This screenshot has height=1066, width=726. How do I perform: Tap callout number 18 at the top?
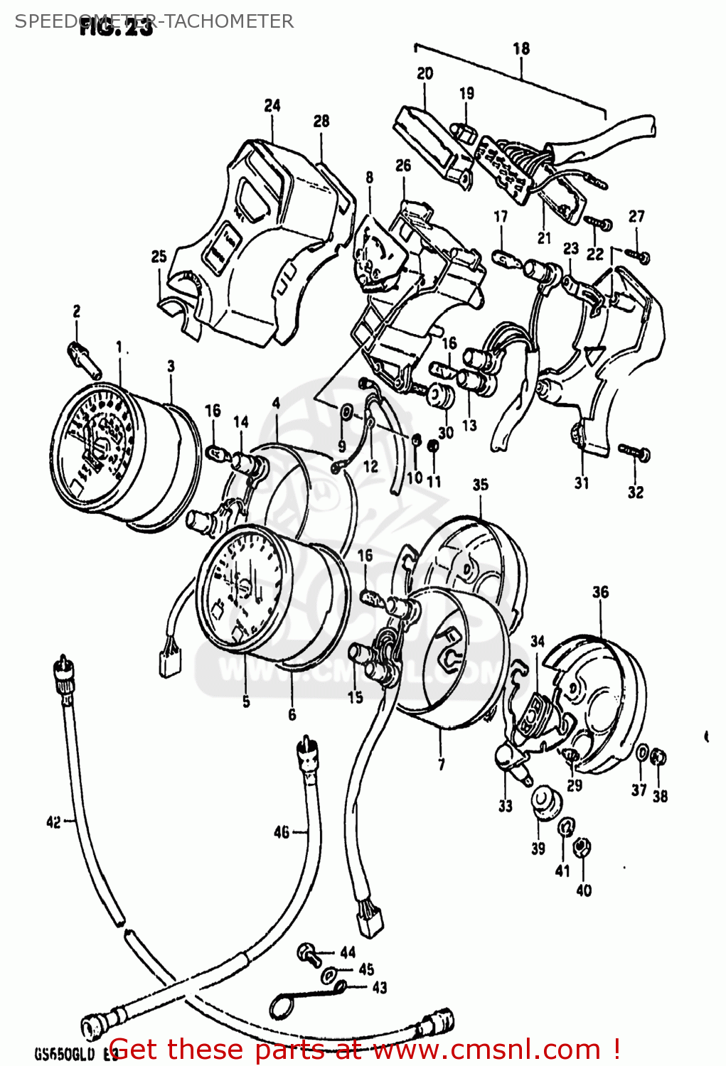pos(521,48)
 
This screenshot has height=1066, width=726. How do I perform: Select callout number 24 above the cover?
pos(272,105)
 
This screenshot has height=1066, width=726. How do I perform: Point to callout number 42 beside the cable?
pos(53,822)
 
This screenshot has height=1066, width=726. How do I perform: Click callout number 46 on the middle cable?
pos(282,831)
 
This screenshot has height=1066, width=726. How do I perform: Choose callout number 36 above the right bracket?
pos(601,592)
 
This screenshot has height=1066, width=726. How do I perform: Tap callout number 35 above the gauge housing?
pos(481,485)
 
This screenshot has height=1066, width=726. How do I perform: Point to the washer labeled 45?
pos(330,974)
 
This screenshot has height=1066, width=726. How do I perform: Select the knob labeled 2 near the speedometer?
pos(84,359)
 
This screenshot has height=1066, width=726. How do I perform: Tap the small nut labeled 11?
pos(432,446)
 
